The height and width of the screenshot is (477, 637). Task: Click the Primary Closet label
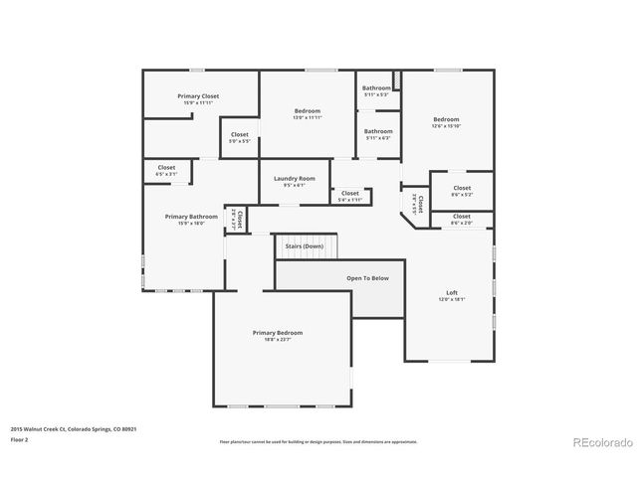tap(198, 96)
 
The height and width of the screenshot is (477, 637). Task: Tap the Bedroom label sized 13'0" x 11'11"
tap(307, 110)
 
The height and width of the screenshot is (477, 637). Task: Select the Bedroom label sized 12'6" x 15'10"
tap(446, 118)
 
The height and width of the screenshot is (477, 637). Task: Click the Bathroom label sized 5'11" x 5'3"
tap(376, 88)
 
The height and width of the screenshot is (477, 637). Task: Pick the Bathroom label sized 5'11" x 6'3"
tap(378, 131)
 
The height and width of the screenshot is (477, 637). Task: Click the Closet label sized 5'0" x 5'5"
tap(240, 134)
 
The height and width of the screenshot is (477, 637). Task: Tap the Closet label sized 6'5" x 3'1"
tap(166, 168)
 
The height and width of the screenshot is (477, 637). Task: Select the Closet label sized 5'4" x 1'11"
tap(350, 193)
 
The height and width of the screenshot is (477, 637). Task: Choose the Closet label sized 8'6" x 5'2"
tap(462, 188)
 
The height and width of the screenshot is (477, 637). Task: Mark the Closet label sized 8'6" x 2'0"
tap(462, 216)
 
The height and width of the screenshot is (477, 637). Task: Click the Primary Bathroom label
tap(191, 217)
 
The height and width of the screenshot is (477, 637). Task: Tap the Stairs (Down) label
tap(305, 245)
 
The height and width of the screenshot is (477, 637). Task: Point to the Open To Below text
tap(367, 278)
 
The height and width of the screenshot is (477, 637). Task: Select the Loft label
tap(452, 292)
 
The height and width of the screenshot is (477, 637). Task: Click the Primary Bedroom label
tap(277, 333)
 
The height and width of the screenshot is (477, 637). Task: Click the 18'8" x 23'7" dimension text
tap(277, 340)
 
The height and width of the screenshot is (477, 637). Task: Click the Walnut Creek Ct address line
tap(74, 428)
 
